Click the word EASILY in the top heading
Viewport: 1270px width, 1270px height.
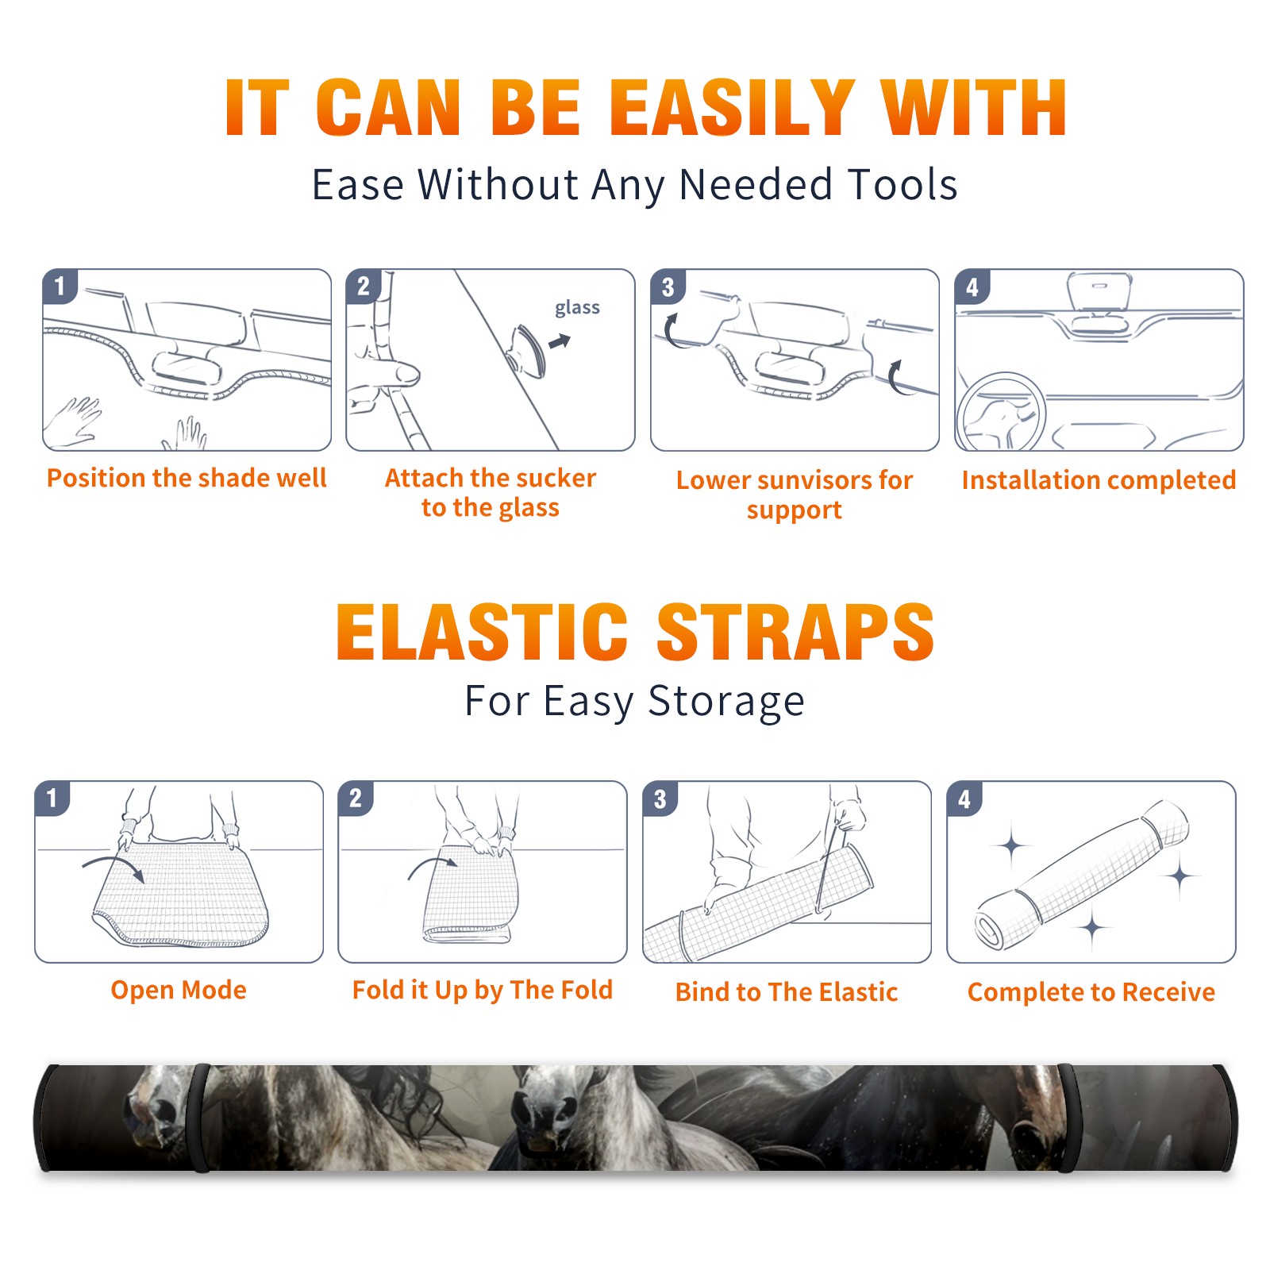point(733,108)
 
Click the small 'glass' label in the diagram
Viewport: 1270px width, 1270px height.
point(577,308)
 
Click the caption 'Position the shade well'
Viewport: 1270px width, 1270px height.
point(187,478)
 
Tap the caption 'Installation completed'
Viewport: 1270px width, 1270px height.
point(1099,479)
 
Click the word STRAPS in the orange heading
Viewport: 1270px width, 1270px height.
point(795,632)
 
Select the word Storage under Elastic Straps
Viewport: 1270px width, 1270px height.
point(726,702)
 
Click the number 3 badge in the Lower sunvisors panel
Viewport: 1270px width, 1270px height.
point(668,287)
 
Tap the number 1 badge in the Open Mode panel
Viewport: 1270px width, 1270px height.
point(52,799)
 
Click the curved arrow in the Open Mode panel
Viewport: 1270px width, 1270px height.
point(114,865)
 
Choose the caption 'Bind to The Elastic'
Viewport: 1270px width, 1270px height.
point(787,991)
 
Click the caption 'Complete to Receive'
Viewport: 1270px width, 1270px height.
point(1091,992)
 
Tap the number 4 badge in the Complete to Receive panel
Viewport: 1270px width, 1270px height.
point(964,799)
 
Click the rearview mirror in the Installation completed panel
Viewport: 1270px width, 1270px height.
point(1099,292)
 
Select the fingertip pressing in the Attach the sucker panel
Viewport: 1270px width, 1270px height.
point(407,374)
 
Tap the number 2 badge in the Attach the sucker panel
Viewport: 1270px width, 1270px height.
point(363,287)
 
